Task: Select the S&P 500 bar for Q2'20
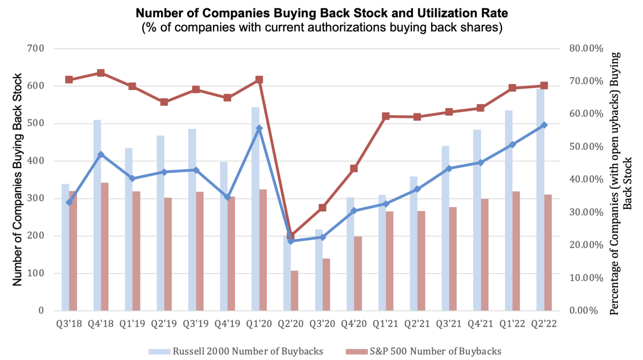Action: (295, 291)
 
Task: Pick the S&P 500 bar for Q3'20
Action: (327, 285)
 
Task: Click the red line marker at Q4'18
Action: (101, 73)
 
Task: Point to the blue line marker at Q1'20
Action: (259, 129)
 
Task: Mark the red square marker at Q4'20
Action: (354, 169)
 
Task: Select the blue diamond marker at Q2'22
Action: (544, 125)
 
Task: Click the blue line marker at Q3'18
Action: (69, 202)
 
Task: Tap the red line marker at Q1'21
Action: (386, 116)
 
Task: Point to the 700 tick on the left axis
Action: (36, 48)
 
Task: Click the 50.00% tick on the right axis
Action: (586, 147)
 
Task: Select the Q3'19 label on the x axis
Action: (196, 324)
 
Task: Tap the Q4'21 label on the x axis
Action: (481, 324)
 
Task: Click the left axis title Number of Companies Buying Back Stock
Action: (17, 180)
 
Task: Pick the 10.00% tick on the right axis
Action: (586, 278)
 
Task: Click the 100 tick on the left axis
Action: (36, 273)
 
